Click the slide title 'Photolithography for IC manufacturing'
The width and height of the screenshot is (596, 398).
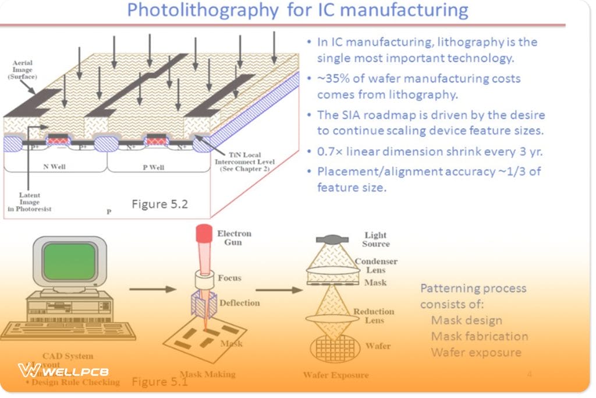pos(297,10)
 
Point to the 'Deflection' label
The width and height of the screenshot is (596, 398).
pos(240,303)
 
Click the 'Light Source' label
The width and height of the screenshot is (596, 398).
pos(375,239)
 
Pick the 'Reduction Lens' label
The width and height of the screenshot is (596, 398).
pos(374,316)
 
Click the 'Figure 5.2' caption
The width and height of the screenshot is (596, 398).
pos(159,205)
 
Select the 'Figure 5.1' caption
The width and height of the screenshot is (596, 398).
pos(159,382)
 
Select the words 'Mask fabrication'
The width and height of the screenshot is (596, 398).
pos(479,336)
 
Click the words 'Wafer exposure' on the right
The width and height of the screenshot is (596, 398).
pos(476,353)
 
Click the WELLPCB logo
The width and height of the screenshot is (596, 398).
pos(63,371)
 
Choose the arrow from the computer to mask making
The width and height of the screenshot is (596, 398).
pos(152,289)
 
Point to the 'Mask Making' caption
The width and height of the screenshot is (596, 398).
pos(207,374)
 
